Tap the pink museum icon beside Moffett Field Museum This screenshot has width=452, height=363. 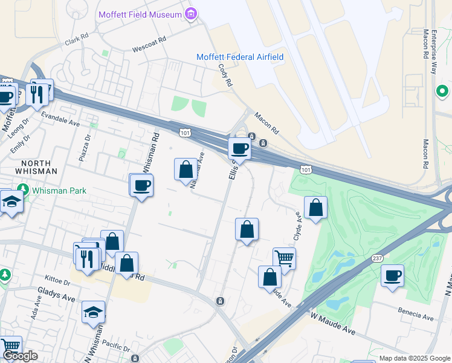tap(192, 13)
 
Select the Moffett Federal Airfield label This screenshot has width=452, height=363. tap(240, 57)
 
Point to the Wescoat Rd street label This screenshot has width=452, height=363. tap(149, 46)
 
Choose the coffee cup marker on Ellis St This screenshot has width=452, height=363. tap(239, 149)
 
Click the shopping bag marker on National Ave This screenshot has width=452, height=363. tap(186, 170)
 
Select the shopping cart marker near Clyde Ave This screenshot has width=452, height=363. tap(284, 258)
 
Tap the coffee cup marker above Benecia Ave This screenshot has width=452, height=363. tap(392, 276)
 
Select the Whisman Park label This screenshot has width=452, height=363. tap(59, 191)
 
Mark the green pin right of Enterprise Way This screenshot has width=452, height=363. tap(442, 91)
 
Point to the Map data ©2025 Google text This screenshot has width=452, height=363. tap(414, 358)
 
